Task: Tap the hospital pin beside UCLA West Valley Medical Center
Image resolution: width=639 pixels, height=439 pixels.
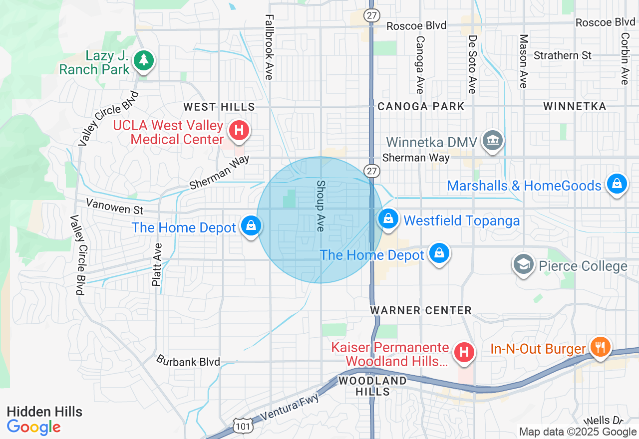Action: coord(239,131)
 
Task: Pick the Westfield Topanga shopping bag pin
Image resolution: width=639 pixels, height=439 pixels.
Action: coord(388,219)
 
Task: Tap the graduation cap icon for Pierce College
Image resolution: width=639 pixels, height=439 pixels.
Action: coord(524,264)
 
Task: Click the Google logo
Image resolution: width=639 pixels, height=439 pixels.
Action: coord(34,428)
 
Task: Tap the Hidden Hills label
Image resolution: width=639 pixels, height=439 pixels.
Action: coord(44,412)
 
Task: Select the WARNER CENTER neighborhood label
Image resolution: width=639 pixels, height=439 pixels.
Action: coord(421,310)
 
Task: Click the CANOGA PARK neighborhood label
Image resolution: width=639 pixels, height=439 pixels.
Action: coord(421,106)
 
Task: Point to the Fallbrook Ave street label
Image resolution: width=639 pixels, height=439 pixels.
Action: coord(270,47)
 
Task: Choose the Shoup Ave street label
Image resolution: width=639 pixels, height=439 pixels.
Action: coord(320,206)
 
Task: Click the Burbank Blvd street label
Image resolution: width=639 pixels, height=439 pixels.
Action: coord(188,361)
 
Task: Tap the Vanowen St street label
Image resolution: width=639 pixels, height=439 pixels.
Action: coord(114,206)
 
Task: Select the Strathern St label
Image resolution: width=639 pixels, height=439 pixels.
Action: coord(562,55)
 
